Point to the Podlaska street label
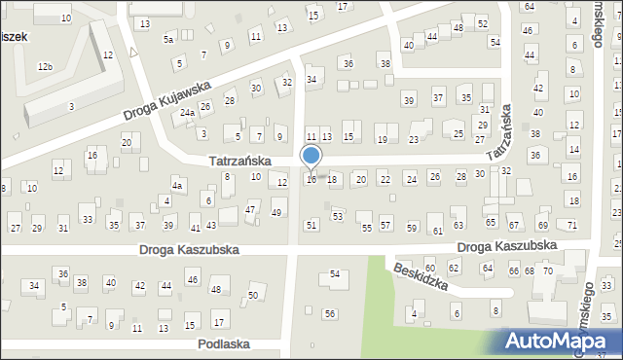click(224, 344)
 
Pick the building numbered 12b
click(45, 67)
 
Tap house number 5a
click(168, 40)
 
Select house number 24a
click(187, 114)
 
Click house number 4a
click(176, 185)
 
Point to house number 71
click(572, 226)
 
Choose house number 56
click(330, 313)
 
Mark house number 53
click(338, 216)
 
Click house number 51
click(311, 226)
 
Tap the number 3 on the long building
click(71, 106)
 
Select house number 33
click(88, 220)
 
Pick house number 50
click(253, 295)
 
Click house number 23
click(414, 140)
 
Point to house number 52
click(482, 23)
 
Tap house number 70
click(548, 270)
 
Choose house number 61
click(438, 231)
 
